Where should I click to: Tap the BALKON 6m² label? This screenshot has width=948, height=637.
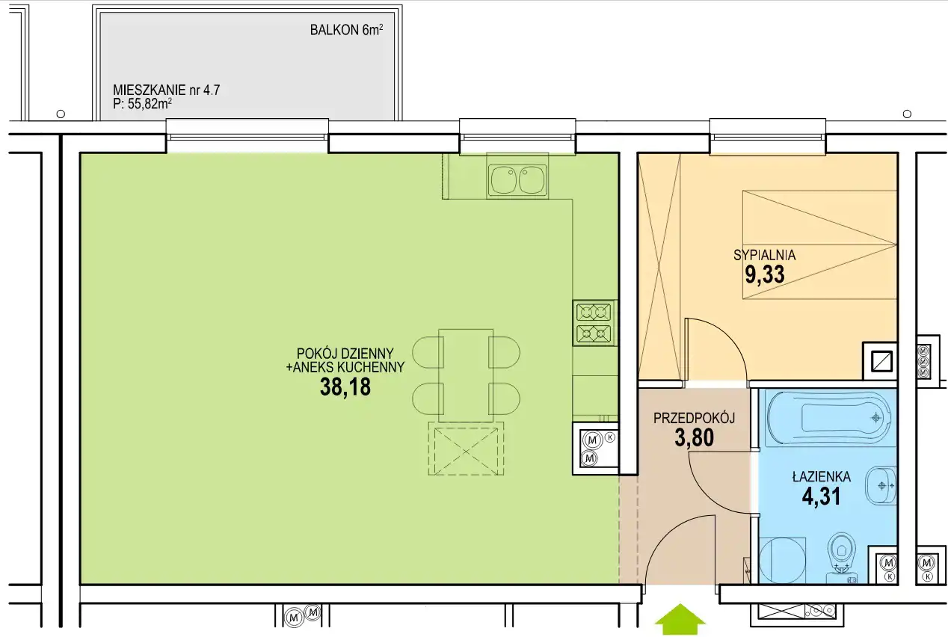[347, 30]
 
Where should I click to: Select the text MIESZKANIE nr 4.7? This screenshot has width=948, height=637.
[166, 90]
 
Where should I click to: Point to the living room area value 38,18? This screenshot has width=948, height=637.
[345, 387]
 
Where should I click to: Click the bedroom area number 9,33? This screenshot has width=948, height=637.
[765, 274]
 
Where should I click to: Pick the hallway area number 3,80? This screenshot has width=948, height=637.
[695, 437]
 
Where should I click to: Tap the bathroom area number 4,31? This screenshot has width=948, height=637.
[822, 496]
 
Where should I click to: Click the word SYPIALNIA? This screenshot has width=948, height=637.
[765, 255]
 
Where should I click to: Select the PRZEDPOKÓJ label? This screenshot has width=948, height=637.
[694, 418]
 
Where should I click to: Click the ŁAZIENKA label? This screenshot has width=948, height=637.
[822, 476]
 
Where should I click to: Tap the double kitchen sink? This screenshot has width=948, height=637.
[517, 180]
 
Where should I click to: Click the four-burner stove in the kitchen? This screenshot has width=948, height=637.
[594, 323]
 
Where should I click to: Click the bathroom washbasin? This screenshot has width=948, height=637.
[881, 485]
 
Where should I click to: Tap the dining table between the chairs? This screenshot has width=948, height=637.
[466, 375]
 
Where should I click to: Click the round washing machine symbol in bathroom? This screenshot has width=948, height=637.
[782, 561]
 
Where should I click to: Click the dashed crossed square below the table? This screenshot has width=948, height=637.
[466, 449]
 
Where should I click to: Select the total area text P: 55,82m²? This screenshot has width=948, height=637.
[143, 104]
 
